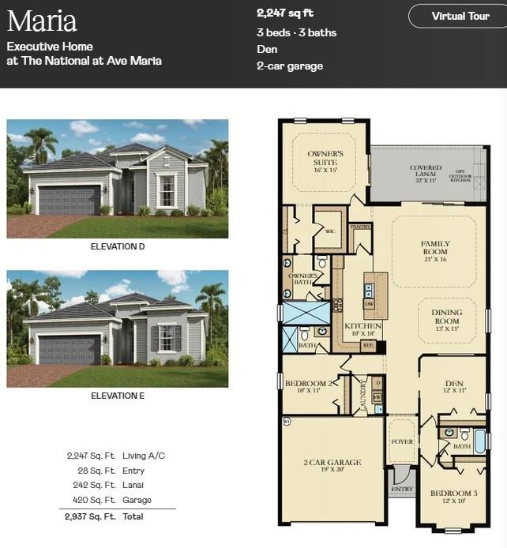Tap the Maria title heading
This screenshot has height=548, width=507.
coord(42,20)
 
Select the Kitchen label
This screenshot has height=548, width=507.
coord(362,326)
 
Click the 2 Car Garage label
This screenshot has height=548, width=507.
coord(332,463)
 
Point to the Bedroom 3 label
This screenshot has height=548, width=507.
coord(453,494)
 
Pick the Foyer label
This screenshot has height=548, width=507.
coord(401,441)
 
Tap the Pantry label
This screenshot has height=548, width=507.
coord(360,227)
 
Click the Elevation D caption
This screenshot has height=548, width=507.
coord(118,246)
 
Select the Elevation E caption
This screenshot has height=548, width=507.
coord(118,396)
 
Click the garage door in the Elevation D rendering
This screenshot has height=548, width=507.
coord(69,201)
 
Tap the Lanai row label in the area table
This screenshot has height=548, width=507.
coord(133,485)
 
